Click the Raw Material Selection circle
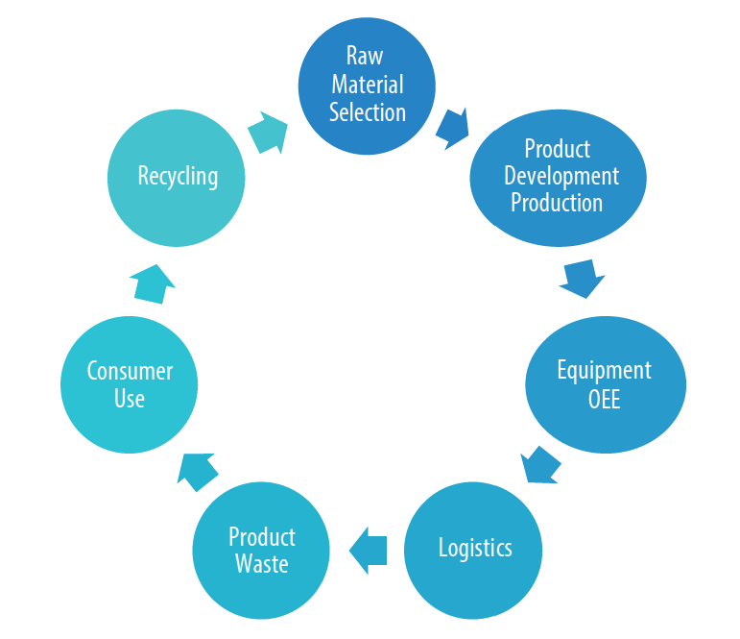pyautogui.click(x=368, y=86)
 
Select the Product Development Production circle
pyautogui.click(x=557, y=176)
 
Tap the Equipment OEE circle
pyautogui.click(x=605, y=384)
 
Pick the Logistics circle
pyautogui.click(x=474, y=550)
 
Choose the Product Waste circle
pyautogui.click(x=261, y=550)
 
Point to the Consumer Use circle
pyautogui.click(x=130, y=384)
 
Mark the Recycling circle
pyautogui.click(x=178, y=176)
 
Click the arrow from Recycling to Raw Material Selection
pyautogui.click(x=268, y=133)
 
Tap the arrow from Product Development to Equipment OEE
pyautogui.click(x=581, y=278)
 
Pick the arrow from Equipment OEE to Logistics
pyautogui.click(x=540, y=465)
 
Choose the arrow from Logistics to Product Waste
pyautogui.click(x=368, y=551)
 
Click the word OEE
pyautogui.click(x=605, y=398)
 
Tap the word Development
pyautogui.click(x=561, y=176)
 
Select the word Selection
pyautogui.click(x=368, y=111)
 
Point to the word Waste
pyautogui.click(x=262, y=563)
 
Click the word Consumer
pyautogui.click(x=130, y=371)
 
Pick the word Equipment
pyautogui.click(x=605, y=371)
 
